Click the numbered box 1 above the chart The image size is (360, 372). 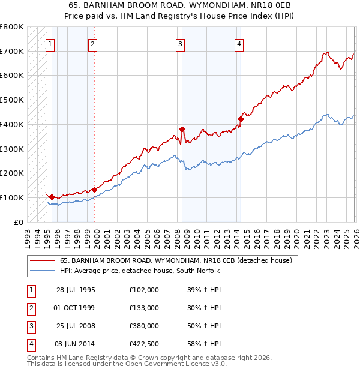pyautogui.click(x=50, y=43)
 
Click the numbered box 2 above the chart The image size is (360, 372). pyautogui.click(x=92, y=43)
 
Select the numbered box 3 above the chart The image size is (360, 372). pyautogui.click(x=181, y=43)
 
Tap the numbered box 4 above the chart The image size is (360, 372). pyautogui.click(x=239, y=43)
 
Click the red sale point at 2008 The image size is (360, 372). pyautogui.click(x=182, y=128)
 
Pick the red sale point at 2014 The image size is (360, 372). pyautogui.click(x=241, y=119)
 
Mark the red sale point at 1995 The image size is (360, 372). pyautogui.click(x=52, y=197)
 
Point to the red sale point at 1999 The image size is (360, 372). pyautogui.click(x=94, y=190)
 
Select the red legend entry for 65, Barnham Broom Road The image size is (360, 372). pyautogui.click(x=175, y=260)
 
